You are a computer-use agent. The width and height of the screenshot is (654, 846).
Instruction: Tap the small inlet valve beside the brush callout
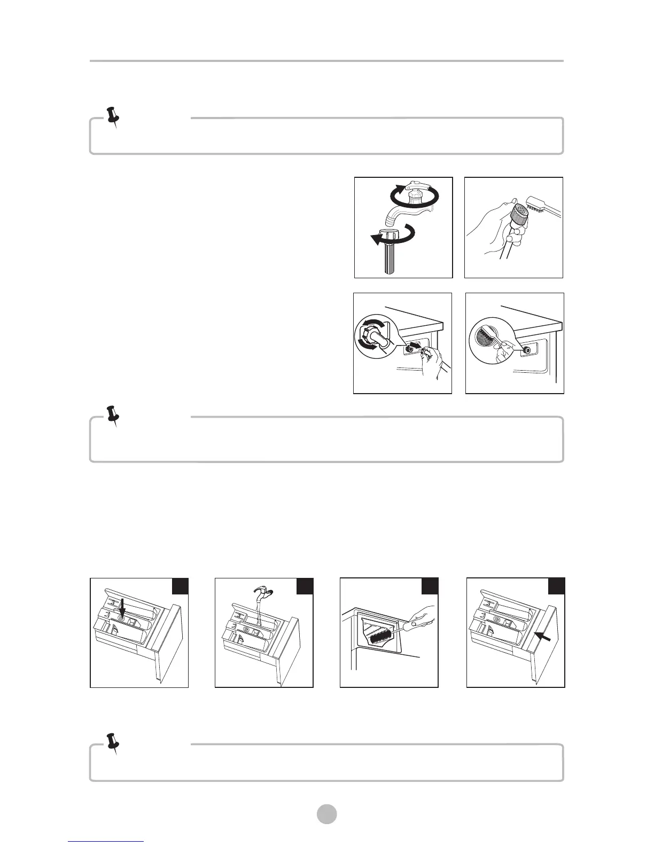pos(527,350)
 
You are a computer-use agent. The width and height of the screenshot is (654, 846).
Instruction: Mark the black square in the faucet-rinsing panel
pos(305,586)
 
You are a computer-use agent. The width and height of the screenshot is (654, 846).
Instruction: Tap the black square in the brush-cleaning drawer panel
pos(430,586)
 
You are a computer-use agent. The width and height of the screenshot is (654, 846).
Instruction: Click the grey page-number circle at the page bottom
pos(327,814)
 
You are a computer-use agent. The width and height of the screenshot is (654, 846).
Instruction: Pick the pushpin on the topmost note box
pos(113,116)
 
